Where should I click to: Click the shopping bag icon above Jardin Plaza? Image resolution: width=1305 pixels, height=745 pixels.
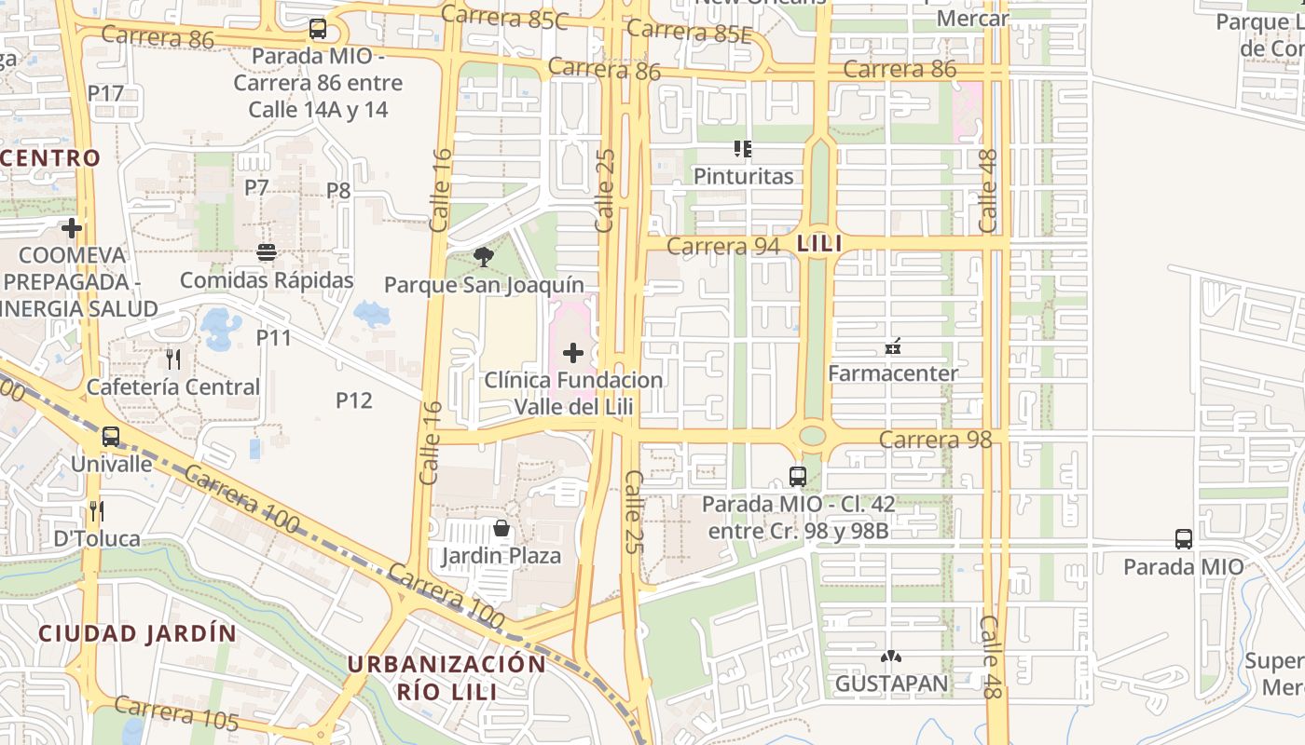pyautogui.click(x=501, y=529)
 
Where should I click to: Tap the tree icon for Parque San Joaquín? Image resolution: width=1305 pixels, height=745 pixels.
pyautogui.click(x=483, y=257)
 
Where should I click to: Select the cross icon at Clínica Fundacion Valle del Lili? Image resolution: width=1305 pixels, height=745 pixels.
pyautogui.click(x=573, y=353)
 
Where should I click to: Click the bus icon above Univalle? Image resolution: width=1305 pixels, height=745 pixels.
pyautogui.click(x=111, y=436)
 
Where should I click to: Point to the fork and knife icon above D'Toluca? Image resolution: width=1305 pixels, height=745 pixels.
pyautogui.click(x=96, y=510)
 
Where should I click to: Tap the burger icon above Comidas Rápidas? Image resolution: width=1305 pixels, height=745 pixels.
pyautogui.click(x=267, y=252)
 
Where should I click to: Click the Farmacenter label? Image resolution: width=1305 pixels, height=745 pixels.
pyautogui.click(x=893, y=373)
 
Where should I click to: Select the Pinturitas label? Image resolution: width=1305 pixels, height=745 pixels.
pyautogui.click(x=743, y=176)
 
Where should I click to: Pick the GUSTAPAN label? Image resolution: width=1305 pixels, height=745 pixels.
pyautogui.click(x=891, y=684)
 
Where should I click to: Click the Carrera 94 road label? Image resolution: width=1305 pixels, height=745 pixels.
pyautogui.click(x=722, y=246)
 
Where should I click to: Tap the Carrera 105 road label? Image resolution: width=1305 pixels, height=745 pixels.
pyautogui.click(x=177, y=714)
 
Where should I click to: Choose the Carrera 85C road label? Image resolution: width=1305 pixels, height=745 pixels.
pyautogui.click(x=503, y=17)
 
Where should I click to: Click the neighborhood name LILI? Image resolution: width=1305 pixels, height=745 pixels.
pyautogui.click(x=819, y=244)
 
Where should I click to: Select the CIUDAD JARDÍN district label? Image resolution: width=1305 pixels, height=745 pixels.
pyautogui.click(x=137, y=633)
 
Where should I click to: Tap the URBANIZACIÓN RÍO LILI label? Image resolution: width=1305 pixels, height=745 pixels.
pyautogui.click(x=446, y=677)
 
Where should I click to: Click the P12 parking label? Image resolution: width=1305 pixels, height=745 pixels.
pyautogui.click(x=353, y=400)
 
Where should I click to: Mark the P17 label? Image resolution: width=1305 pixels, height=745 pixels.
pyautogui.click(x=105, y=93)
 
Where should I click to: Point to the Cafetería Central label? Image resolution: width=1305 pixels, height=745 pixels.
pyautogui.click(x=172, y=386)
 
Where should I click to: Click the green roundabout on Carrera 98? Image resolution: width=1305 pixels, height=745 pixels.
pyautogui.click(x=813, y=435)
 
